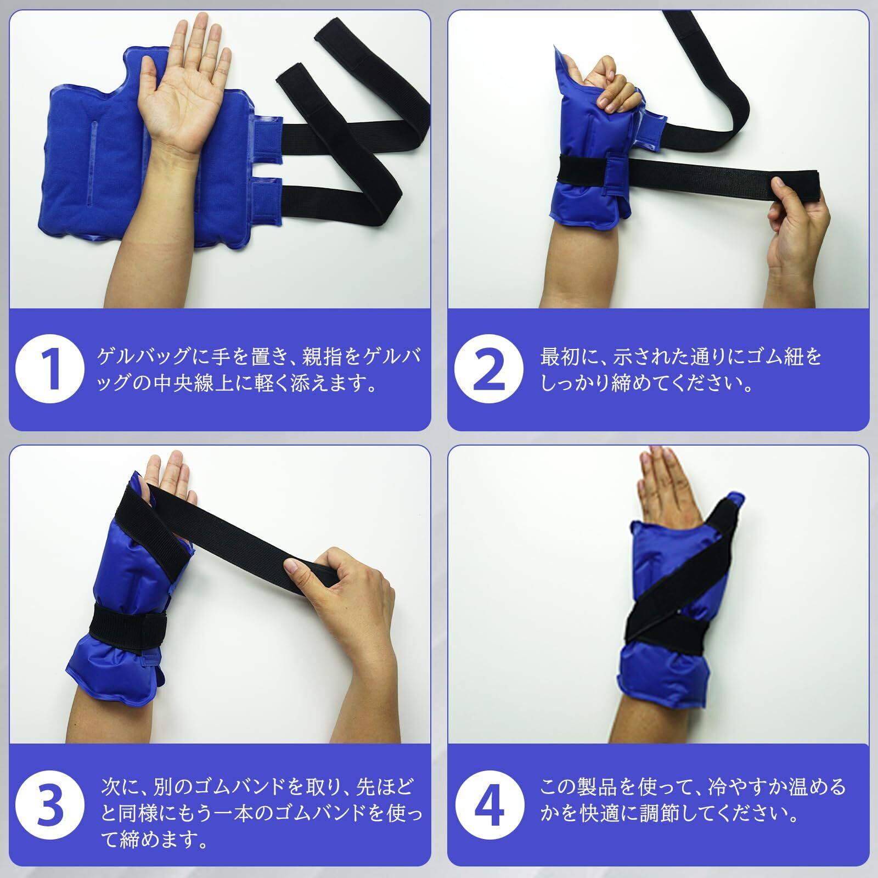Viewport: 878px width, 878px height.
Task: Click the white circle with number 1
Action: click(50, 370)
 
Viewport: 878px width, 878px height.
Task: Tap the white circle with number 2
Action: click(488, 370)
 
